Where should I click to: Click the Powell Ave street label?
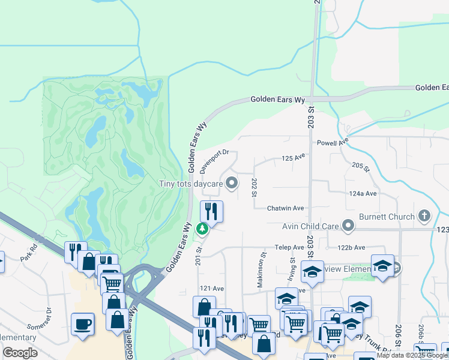pyautogui.click(x=333, y=143)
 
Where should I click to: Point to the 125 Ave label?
pyautogui.click(x=294, y=158)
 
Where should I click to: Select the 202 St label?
pyautogui.click(x=255, y=187)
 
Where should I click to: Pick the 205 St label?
pyautogui.click(x=359, y=166)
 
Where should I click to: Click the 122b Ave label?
pyautogui.click(x=351, y=247)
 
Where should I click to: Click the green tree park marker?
pyautogui.click(x=203, y=228)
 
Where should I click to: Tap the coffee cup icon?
pyautogui.click(x=82, y=324)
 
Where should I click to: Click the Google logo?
pyautogui.click(x=20, y=353)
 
